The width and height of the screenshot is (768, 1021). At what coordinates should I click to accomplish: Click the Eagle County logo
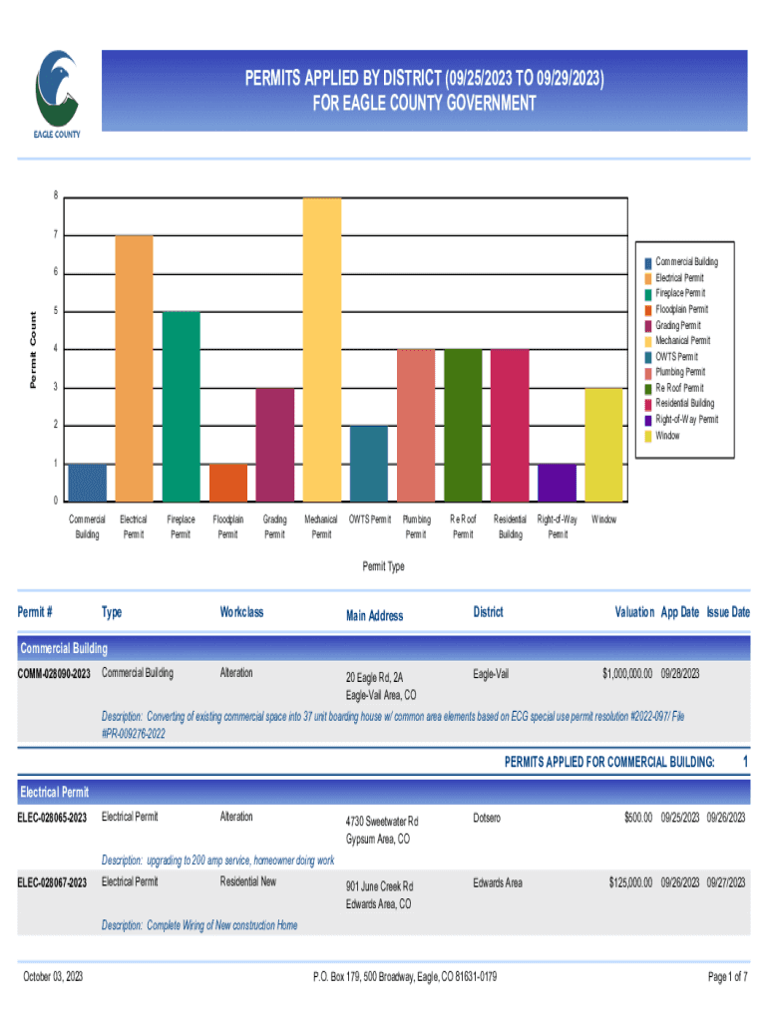click(59, 93)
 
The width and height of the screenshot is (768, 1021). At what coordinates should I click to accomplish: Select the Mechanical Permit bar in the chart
click(321, 349)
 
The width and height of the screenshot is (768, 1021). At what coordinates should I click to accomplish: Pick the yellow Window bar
click(603, 444)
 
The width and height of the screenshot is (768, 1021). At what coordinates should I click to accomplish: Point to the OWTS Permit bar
click(369, 463)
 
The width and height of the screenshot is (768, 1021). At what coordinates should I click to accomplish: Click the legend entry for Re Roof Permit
click(679, 388)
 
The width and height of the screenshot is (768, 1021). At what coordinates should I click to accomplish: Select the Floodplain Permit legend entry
click(681, 309)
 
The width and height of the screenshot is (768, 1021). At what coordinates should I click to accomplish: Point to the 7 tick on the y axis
click(55, 235)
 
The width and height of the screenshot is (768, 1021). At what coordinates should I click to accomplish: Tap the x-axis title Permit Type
click(383, 566)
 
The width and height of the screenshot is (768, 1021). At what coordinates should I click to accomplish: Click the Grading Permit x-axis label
click(274, 526)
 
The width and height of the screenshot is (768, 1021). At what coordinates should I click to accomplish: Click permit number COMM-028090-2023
click(55, 674)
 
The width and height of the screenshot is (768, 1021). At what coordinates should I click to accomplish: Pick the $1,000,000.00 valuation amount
click(626, 674)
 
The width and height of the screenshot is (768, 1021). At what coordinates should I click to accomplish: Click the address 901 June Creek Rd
click(379, 886)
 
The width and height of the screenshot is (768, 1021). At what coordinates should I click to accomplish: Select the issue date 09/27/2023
click(726, 883)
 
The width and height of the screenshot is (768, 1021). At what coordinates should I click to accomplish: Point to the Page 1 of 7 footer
click(727, 977)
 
